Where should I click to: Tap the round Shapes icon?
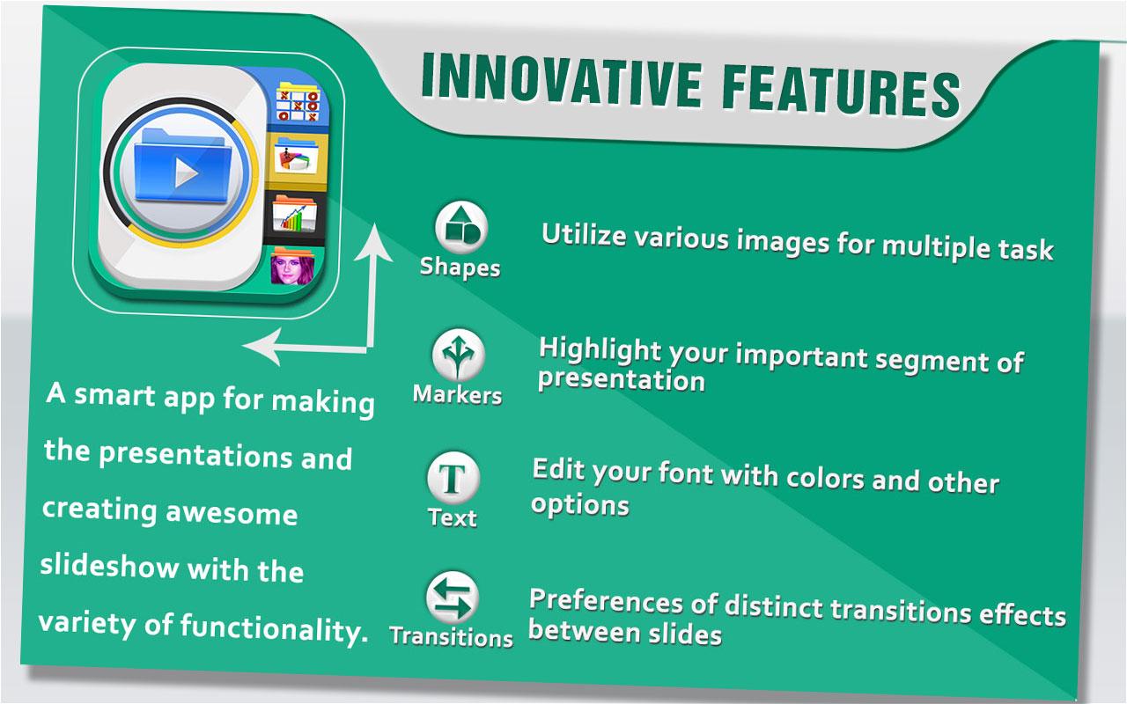tap(460, 227)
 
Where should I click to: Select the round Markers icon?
tap(459, 355)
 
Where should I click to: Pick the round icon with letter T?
tap(453, 478)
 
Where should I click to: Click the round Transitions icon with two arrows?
tap(453, 598)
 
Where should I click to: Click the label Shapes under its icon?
tap(460, 267)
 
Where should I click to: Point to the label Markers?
tap(457, 394)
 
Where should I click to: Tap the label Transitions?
tap(452, 636)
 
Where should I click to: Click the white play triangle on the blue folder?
tap(185, 173)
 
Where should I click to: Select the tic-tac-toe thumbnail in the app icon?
tap(298, 104)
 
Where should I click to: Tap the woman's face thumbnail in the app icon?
tap(292, 268)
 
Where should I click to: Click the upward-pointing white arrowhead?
tap(374, 244)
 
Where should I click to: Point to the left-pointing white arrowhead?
tap(261, 347)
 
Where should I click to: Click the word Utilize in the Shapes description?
tap(584, 234)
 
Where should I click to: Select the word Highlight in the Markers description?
tap(600, 350)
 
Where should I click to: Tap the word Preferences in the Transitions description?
tap(606, 601)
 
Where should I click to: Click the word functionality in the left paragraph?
tap(274, 628)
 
